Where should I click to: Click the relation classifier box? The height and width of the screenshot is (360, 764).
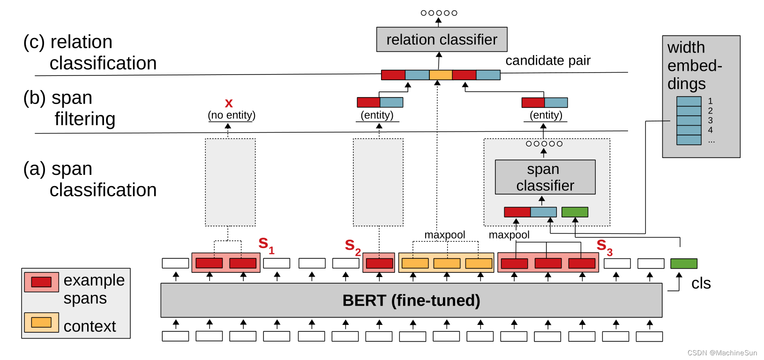point(442,39)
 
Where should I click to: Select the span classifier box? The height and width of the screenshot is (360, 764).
point(545,177)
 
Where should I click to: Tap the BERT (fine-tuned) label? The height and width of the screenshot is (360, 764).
point(411,300)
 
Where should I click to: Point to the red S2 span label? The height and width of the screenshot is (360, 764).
point(352,246)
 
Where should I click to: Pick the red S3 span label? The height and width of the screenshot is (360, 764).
point(604,246)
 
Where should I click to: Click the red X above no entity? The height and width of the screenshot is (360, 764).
point(229,103)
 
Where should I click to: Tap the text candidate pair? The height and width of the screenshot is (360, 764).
point(547,60)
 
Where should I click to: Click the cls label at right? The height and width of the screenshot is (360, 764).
point(701,284)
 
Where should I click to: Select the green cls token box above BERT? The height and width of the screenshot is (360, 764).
point(683,263)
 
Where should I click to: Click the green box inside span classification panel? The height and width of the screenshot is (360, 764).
point(575,212)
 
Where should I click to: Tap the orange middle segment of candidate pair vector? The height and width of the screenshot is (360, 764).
point(441,75)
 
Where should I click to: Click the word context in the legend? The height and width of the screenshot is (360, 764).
point(90,326)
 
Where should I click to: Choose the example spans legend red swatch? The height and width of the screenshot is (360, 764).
point(41,282)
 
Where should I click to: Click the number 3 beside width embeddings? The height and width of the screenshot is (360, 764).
point(710,120)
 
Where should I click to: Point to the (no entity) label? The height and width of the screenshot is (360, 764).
point(232,115)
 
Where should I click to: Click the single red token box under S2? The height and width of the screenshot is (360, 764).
point(379,263)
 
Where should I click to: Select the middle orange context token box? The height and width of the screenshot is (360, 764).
point(447,263)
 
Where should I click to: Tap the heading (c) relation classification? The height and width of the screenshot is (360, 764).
point(90,52)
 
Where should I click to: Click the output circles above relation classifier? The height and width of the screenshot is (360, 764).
point(439,13)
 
